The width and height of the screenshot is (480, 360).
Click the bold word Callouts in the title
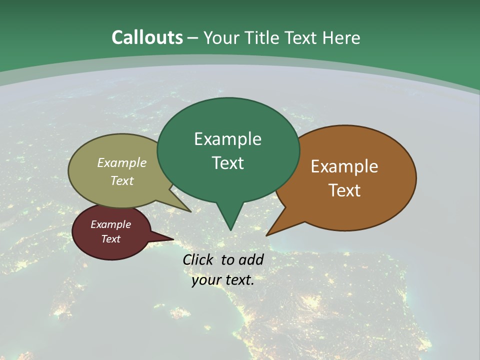pos(147,37)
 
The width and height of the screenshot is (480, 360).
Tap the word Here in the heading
pos(341,37)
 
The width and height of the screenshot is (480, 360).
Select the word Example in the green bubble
pos(227,139)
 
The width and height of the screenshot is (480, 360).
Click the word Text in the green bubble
pos(227,163)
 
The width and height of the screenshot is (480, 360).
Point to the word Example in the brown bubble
pos(344,166)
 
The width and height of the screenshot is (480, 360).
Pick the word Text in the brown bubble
pos(344,190)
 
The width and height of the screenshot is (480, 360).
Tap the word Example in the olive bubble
pos(122,163)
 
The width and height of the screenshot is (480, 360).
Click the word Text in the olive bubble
pos(122,180)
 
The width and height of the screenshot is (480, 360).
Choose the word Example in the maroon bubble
pos(110,224)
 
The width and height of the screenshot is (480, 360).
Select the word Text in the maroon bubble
pos(110,239)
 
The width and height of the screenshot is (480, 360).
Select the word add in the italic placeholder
pos(251,259)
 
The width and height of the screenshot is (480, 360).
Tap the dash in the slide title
pos(193,38)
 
